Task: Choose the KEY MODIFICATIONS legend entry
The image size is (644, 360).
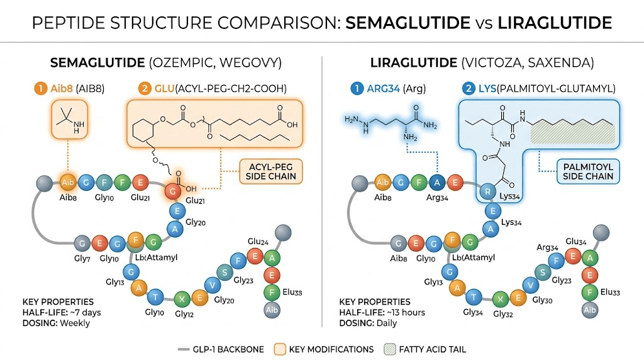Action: (x=324, y=349)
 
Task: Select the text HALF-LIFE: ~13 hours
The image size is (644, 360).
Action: (x=382, y=313)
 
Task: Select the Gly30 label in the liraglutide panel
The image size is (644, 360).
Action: (x=545, y=300)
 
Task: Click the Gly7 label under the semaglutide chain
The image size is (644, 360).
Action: (x=82, y=259)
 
